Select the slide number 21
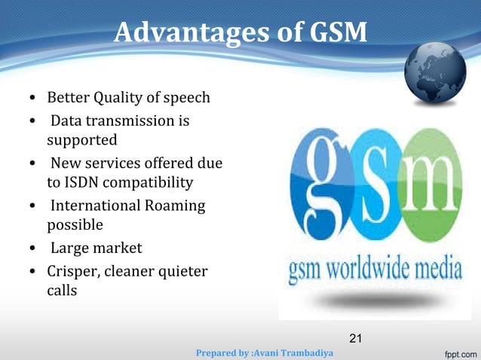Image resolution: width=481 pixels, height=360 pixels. point(356,338)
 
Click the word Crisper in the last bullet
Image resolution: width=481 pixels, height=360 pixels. point(73,270)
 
